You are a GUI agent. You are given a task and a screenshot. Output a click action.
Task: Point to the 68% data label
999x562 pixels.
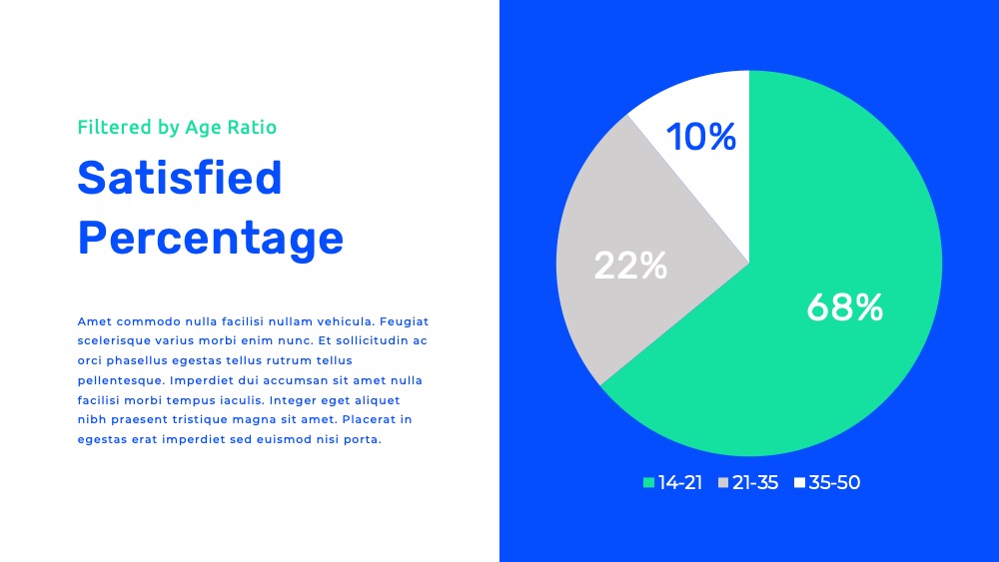pyautogui.click(x=845, y=307)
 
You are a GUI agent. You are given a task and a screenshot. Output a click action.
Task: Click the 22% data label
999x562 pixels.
pyautogui.click(x=630, y=266)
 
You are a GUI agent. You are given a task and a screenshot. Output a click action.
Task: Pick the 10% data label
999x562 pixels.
pyautogui.click(x=701, y=137)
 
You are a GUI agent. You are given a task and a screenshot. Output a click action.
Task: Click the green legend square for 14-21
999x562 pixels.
pyautogui.click(x=648, y=482)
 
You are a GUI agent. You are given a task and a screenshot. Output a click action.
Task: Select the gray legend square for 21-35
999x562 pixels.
pyautogui.click(x=723, y=482)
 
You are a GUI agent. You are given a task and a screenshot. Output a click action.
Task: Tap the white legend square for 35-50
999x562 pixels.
pyautogui.click(x=799, y=482)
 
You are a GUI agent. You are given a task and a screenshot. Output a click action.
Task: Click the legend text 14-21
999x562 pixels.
pyautogui.click(x=679, y=482)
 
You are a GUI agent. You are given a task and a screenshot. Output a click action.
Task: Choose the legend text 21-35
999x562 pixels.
pyautogui.click(x=755, y=482)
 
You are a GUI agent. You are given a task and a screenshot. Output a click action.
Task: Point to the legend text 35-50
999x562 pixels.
pyautogui.click(x=834, y=482)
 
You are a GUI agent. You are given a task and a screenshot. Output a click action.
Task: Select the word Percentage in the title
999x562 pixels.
pyautogui.click(x=210, y=239)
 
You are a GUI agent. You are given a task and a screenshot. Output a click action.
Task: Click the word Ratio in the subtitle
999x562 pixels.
pyautogui.click(x=252, y=127)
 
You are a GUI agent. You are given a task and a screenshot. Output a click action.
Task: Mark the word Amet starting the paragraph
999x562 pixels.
pyautogui.click(x=94, y=321)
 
